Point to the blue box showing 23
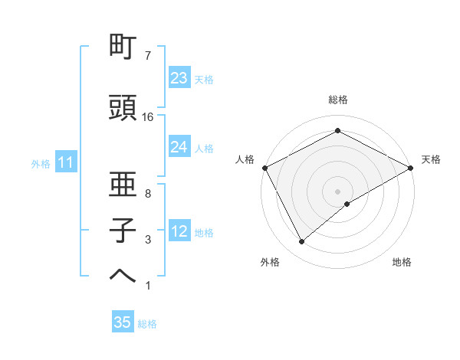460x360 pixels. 179,78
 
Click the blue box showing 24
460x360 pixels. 179,147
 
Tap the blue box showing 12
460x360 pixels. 179,231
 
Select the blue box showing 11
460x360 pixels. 66,162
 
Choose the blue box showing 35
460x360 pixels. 123,322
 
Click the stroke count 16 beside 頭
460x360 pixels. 148,117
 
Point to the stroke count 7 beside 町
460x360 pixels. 147,56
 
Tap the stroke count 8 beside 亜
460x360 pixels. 147,195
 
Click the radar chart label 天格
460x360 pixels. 431,159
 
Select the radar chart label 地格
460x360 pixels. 402,262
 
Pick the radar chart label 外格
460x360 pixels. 270,262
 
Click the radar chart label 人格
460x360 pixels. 245,159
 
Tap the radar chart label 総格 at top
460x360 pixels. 338,100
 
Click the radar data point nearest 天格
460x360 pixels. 412,167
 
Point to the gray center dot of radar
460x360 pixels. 338,191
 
